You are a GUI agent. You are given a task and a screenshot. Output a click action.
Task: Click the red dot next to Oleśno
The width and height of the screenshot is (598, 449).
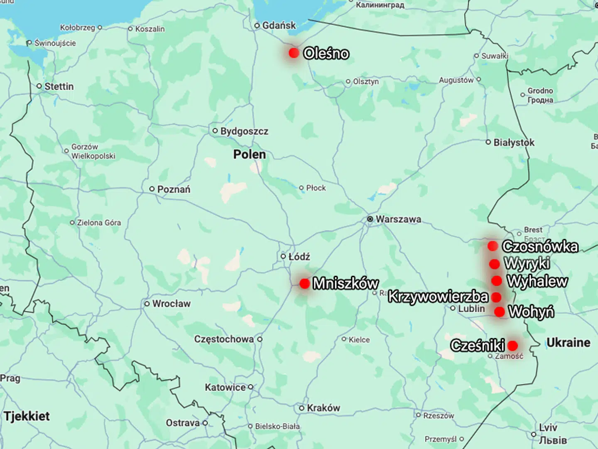point(294,53)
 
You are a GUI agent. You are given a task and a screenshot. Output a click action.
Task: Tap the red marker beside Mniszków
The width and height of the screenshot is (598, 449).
point(304,283)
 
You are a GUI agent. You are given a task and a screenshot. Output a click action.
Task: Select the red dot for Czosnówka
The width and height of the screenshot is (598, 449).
point(493,246)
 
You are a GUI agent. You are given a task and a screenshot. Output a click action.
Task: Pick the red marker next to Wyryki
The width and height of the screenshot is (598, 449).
point(494,264)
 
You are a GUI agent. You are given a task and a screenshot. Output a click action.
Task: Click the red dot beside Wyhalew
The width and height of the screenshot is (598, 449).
point(497,281)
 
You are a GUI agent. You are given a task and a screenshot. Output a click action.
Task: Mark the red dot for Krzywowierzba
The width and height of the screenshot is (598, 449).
point(496,297)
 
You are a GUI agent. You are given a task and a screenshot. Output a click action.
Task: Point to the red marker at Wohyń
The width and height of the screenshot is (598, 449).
point(500,312)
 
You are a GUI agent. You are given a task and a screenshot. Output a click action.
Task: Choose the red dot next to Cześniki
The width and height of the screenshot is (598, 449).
point(512,345)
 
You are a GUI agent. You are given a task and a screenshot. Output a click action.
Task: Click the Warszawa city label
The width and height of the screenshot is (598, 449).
point(398,219)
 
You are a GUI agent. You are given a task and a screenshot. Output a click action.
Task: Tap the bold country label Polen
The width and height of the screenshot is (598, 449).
point(249,155)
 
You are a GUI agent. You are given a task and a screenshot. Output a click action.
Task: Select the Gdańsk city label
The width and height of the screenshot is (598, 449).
point(279,25)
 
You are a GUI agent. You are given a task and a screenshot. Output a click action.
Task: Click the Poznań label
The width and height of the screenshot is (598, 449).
point(174,189)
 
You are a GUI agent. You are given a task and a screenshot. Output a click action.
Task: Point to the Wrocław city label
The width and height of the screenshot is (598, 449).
point(171,304)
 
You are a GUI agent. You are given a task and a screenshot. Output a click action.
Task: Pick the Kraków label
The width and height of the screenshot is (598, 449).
point(323,408)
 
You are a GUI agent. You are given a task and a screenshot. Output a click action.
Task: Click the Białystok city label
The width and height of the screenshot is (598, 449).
point(514,142)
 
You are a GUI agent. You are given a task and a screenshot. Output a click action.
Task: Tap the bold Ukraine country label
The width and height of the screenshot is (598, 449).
point(568,343)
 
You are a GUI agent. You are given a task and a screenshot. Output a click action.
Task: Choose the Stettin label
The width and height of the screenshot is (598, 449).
point(59,86)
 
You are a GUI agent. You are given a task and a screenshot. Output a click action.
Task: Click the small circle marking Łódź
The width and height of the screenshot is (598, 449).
point(283,256)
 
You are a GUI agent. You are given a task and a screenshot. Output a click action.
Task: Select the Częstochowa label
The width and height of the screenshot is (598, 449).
point(224,339)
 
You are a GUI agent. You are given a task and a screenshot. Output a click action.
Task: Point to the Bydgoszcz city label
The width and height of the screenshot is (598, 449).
point(244,131)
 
